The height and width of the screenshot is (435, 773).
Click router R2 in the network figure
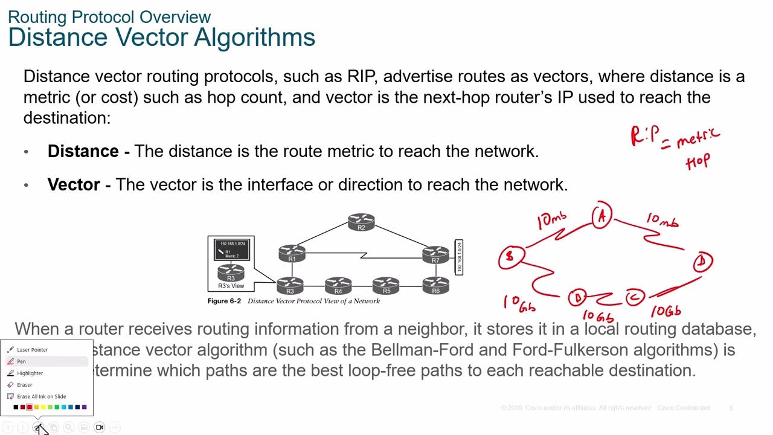click(x=361, y=222)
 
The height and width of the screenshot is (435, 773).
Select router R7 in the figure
click(x=435, y=254)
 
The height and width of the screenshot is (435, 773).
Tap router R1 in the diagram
click(x=292, y=253)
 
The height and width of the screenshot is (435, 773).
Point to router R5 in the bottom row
click(x=386, y=286)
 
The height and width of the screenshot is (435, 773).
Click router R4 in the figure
click(x=338, y=286)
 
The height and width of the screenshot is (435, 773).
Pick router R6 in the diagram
click(x=435, y=286)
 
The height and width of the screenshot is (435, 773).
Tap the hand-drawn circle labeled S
click(x=510, y=257)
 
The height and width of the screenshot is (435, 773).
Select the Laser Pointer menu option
click(x=32, y=350)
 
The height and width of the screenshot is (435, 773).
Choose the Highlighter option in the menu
click(x=30, y=373)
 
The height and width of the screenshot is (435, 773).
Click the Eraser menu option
click(x=24, y=385)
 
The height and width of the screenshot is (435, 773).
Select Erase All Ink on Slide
click(x=41, y=396)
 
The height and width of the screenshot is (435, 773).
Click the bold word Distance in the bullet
click(x=83, y=151)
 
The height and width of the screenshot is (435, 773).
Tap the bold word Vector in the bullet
click(x=74, y=184)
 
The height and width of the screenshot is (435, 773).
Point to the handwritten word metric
click(x=698, y=138)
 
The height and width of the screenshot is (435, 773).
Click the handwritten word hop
click(x=698, y=162)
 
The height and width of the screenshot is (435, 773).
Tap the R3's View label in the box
click(x=231, y=286)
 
